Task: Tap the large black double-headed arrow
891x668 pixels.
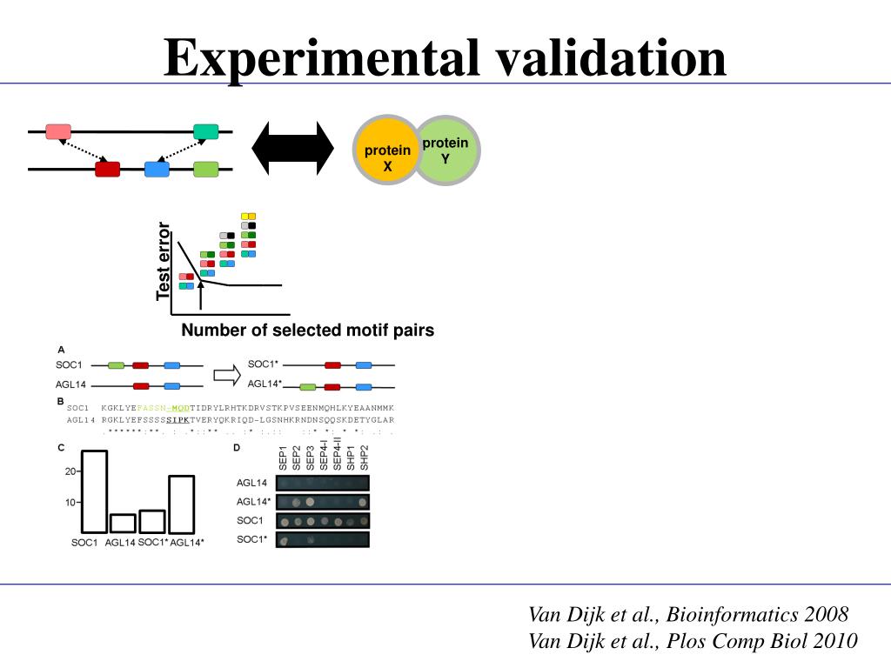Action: point(292,147)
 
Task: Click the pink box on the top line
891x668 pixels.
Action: point(57,132)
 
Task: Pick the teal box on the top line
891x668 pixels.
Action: point(206,132)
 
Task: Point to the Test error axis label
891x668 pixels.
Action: point(164,262)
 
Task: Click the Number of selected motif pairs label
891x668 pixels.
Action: point(307,331)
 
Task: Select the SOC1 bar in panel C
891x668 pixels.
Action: point(94,491)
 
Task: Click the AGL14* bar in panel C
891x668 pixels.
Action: point(181,504)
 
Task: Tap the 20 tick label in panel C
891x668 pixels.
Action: point(70,471)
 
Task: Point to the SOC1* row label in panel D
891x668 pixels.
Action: point(251,540)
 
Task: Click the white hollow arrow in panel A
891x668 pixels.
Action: point(226,374)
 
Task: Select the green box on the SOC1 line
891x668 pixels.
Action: point(117,366)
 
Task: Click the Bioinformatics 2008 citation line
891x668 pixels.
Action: point(688,615)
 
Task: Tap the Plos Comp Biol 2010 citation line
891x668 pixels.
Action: point(693,641)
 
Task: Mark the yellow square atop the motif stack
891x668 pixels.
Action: point(248,216)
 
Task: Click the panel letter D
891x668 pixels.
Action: point(237,448)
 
